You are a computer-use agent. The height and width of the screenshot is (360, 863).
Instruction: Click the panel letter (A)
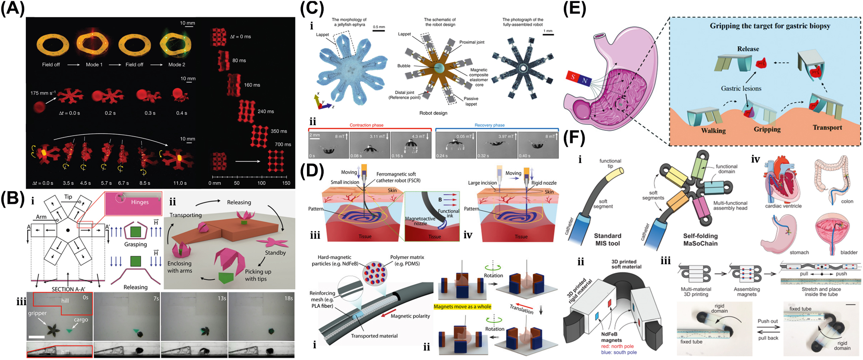tap(13, 8)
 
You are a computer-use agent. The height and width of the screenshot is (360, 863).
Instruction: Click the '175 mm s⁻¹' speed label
tap(43, 93)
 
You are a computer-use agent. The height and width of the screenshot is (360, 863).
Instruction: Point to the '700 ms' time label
tap(283, 145)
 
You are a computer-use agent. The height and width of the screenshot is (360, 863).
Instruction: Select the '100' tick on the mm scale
tap(262, 183)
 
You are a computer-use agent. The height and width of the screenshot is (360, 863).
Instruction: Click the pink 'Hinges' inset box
tap(134, 202)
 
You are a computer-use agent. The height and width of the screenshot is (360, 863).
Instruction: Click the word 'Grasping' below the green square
tap(136, 244)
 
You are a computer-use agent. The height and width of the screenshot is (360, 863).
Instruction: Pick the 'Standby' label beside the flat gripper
tap(275, 253)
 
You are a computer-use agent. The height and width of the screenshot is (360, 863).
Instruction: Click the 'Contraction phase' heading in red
tap(366, 125)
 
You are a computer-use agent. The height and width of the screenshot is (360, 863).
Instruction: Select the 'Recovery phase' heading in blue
tap(489, 125)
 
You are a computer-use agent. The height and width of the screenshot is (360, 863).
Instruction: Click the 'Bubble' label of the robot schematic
tap(404, 66)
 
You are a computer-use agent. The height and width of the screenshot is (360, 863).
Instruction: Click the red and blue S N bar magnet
tap(578, 79)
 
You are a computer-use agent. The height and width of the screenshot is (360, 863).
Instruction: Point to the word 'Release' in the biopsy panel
tap(748, 49)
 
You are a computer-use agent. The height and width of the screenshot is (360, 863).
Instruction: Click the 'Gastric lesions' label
tap(741, 88)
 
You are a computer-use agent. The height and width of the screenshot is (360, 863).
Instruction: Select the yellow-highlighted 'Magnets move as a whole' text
tap(462, 307)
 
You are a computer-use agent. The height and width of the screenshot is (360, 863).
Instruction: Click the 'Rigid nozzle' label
tap(544, 183)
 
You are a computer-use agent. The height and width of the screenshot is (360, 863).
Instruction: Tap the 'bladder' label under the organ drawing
tap(848, 253)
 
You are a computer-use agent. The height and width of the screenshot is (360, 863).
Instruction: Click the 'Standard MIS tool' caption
tap(607, 240)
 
